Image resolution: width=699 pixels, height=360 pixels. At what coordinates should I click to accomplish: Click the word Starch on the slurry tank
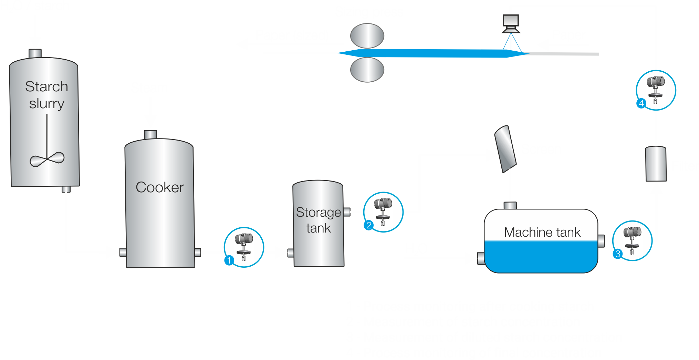click(46, 86)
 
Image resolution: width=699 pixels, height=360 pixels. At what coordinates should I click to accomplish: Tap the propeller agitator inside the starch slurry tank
click(47, 159)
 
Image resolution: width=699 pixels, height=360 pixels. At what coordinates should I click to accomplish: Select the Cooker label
click(160, 187)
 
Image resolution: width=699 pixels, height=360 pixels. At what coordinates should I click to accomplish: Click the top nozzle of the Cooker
click(150, 134)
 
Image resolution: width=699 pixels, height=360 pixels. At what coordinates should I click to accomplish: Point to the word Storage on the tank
click(318, 213)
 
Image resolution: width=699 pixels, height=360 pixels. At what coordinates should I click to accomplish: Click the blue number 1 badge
click(229, 260)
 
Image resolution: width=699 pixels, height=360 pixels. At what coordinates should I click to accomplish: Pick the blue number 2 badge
click(369, 225)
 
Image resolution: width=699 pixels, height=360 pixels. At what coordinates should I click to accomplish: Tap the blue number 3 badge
click(618, 254)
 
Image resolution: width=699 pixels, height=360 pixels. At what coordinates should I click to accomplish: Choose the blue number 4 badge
click(641, 103)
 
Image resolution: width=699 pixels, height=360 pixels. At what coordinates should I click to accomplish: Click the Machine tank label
click(542, 232)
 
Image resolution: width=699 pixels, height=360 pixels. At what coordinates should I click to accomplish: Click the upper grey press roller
click(367, 36)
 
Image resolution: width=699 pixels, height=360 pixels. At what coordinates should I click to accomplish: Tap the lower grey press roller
click(367, 70)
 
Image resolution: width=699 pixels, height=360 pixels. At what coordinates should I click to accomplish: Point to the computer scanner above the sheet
click(511, 23)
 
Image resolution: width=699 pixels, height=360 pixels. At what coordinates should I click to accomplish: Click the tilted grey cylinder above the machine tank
click(505, 149)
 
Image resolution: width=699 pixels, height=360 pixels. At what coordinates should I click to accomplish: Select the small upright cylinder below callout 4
click(656, 164)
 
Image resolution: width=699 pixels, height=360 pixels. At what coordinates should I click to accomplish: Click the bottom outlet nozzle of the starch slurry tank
click(66, 189)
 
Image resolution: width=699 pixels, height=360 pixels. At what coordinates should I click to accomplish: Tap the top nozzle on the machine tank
click(510, 205)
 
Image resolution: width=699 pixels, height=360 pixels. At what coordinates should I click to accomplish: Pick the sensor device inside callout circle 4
click(656, 89)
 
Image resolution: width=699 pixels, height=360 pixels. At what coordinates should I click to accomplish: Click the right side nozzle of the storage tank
click(347, 212)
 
